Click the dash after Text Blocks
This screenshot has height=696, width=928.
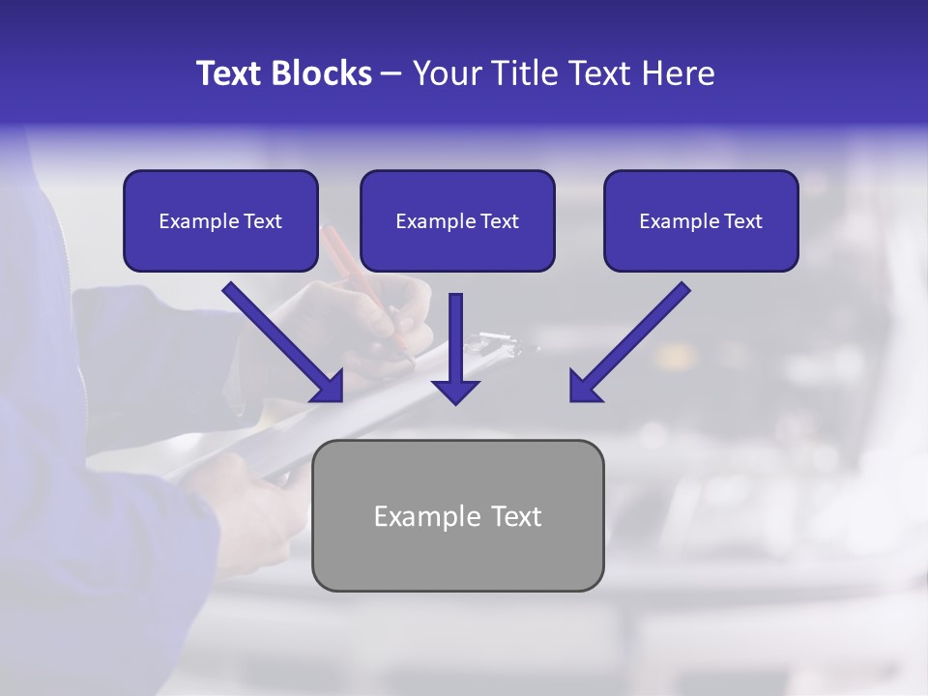click(391, 74)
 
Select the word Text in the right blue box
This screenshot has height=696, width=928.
click(743, 221)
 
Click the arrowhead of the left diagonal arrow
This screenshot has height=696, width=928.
click(329, 387)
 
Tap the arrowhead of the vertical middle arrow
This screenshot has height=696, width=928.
click(456, 391)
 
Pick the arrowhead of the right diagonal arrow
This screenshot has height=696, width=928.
click(585, 387)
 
